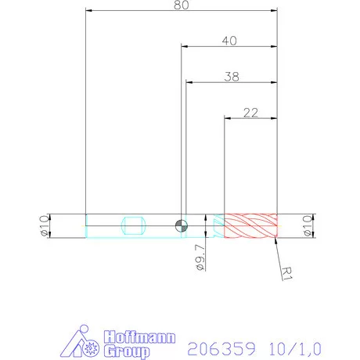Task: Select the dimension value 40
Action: (229, 41)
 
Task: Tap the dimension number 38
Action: (231, 77)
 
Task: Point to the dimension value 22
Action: (250, 113)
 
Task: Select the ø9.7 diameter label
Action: (201, 256)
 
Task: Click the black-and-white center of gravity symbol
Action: (182, 225)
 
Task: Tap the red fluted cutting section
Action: (250, 225)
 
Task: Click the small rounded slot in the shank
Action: (134, 226)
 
